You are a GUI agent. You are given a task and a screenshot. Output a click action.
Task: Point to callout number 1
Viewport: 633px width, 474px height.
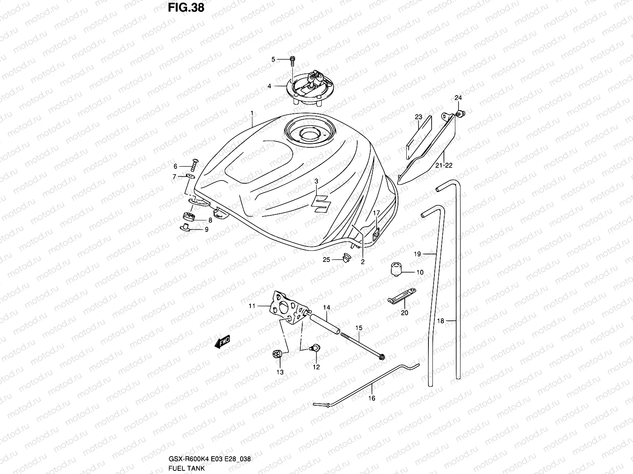252,113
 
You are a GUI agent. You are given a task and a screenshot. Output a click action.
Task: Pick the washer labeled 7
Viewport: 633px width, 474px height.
191,176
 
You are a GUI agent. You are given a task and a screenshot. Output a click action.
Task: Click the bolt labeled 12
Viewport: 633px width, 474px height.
315,348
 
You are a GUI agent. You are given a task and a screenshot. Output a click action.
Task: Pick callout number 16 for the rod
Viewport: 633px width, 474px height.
372,398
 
